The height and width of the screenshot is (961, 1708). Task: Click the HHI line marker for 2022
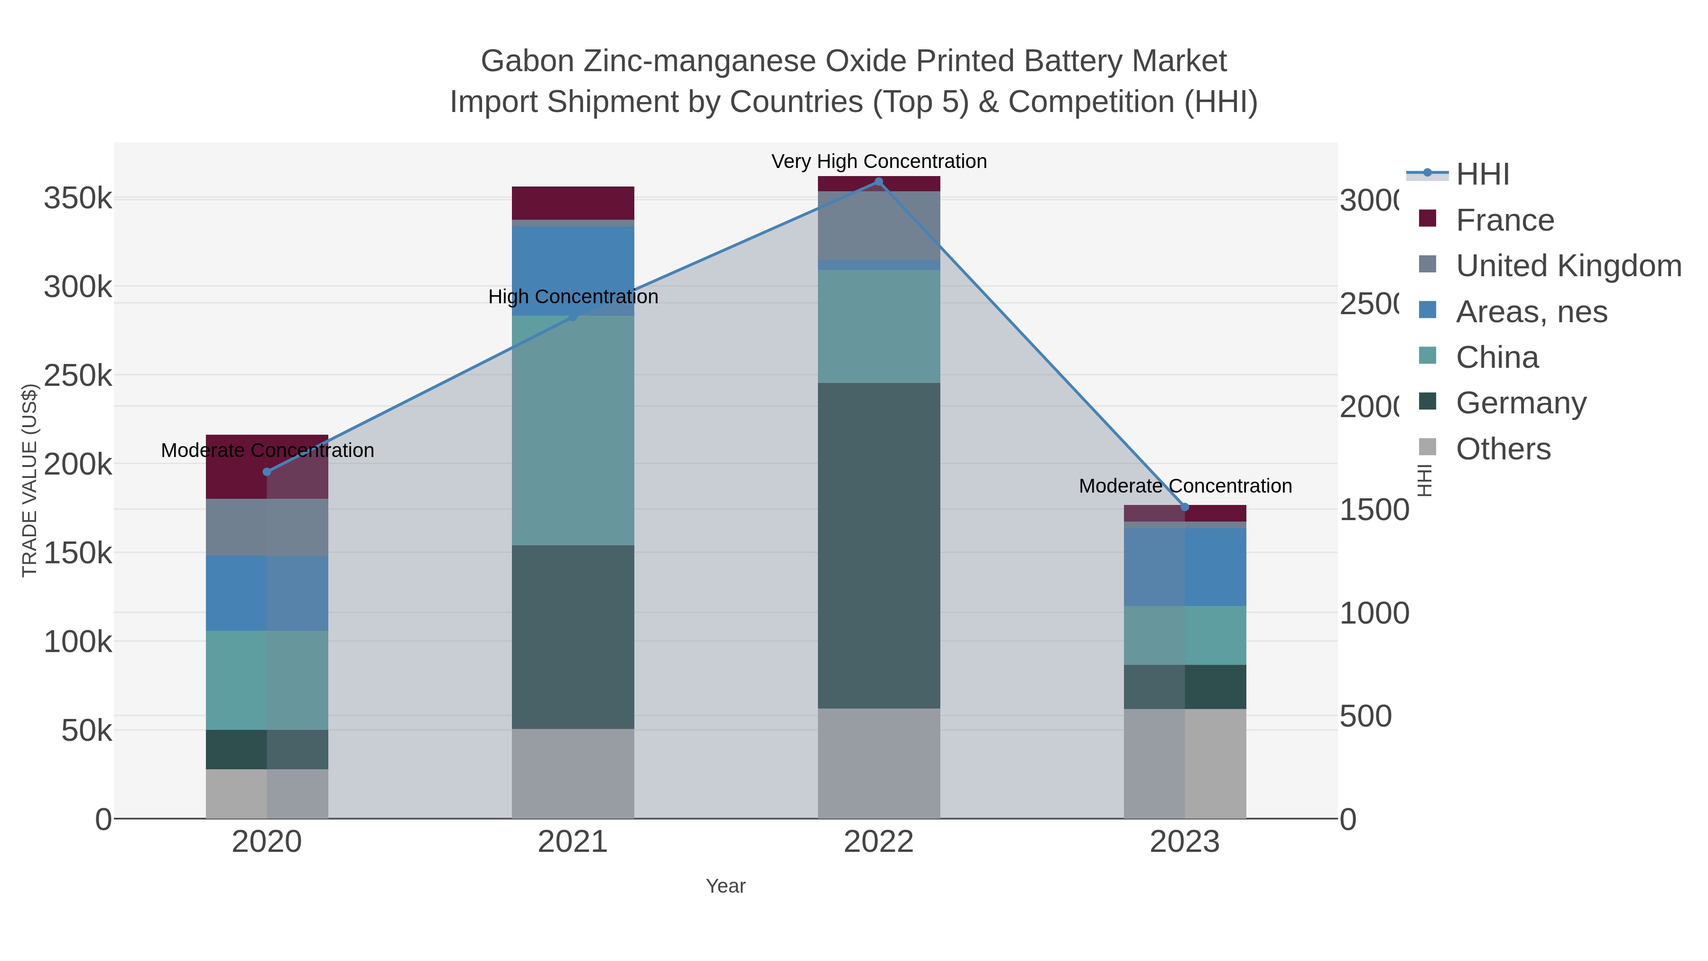click(x=879, y=182)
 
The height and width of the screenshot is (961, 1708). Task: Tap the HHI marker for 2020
click(x=267, y=472)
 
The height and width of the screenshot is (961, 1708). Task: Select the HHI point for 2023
click(x=1185, y=507)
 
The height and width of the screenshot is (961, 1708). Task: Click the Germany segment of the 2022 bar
click(x=879, y=545)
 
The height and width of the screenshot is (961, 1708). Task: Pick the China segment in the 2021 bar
click(x=573, y=431)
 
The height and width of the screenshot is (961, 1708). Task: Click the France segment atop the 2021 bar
click(x=573, y=203)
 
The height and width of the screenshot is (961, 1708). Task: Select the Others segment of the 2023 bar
click(x=1185, y=764)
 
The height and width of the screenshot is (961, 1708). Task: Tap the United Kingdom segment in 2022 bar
click(x=879, y=225)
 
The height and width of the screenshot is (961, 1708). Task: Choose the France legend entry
click(x=1504, y=220)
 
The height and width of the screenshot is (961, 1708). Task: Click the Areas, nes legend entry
click(x=1530, y=312)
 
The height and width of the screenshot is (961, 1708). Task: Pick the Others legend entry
click(x=1503, y=449)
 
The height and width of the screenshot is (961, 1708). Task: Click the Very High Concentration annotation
click(x=879, y=161)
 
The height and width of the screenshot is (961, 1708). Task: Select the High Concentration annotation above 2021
click(x=573, y=297)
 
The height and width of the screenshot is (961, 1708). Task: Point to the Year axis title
click(x=725, y=886)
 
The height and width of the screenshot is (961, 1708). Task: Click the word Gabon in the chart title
click(x=527, y=61)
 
